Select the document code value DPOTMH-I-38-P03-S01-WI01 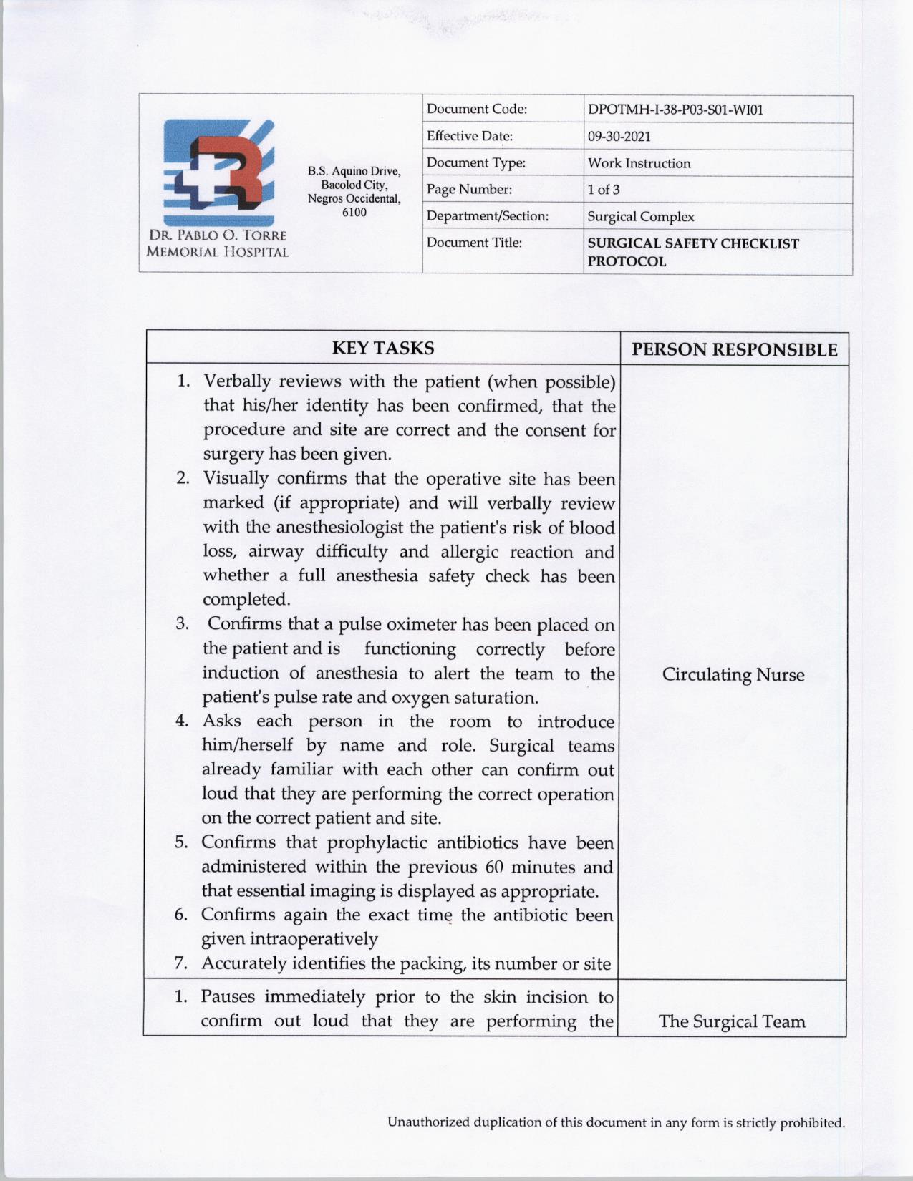tap(675, 110)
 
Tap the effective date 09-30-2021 tap(619, 136)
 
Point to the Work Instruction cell tap(639, 163)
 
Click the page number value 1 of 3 tap(604, 190)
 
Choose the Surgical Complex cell tap(640, 216)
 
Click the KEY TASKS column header tap(383, 349)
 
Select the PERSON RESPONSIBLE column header tap(734, 349)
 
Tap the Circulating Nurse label tap(733, 674)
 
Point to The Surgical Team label tap(731, 1021)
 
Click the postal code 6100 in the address tap(354, 213)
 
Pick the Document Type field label tap(476, 163)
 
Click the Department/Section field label tap(487, 216)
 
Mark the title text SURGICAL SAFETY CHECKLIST tap(693, 243)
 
